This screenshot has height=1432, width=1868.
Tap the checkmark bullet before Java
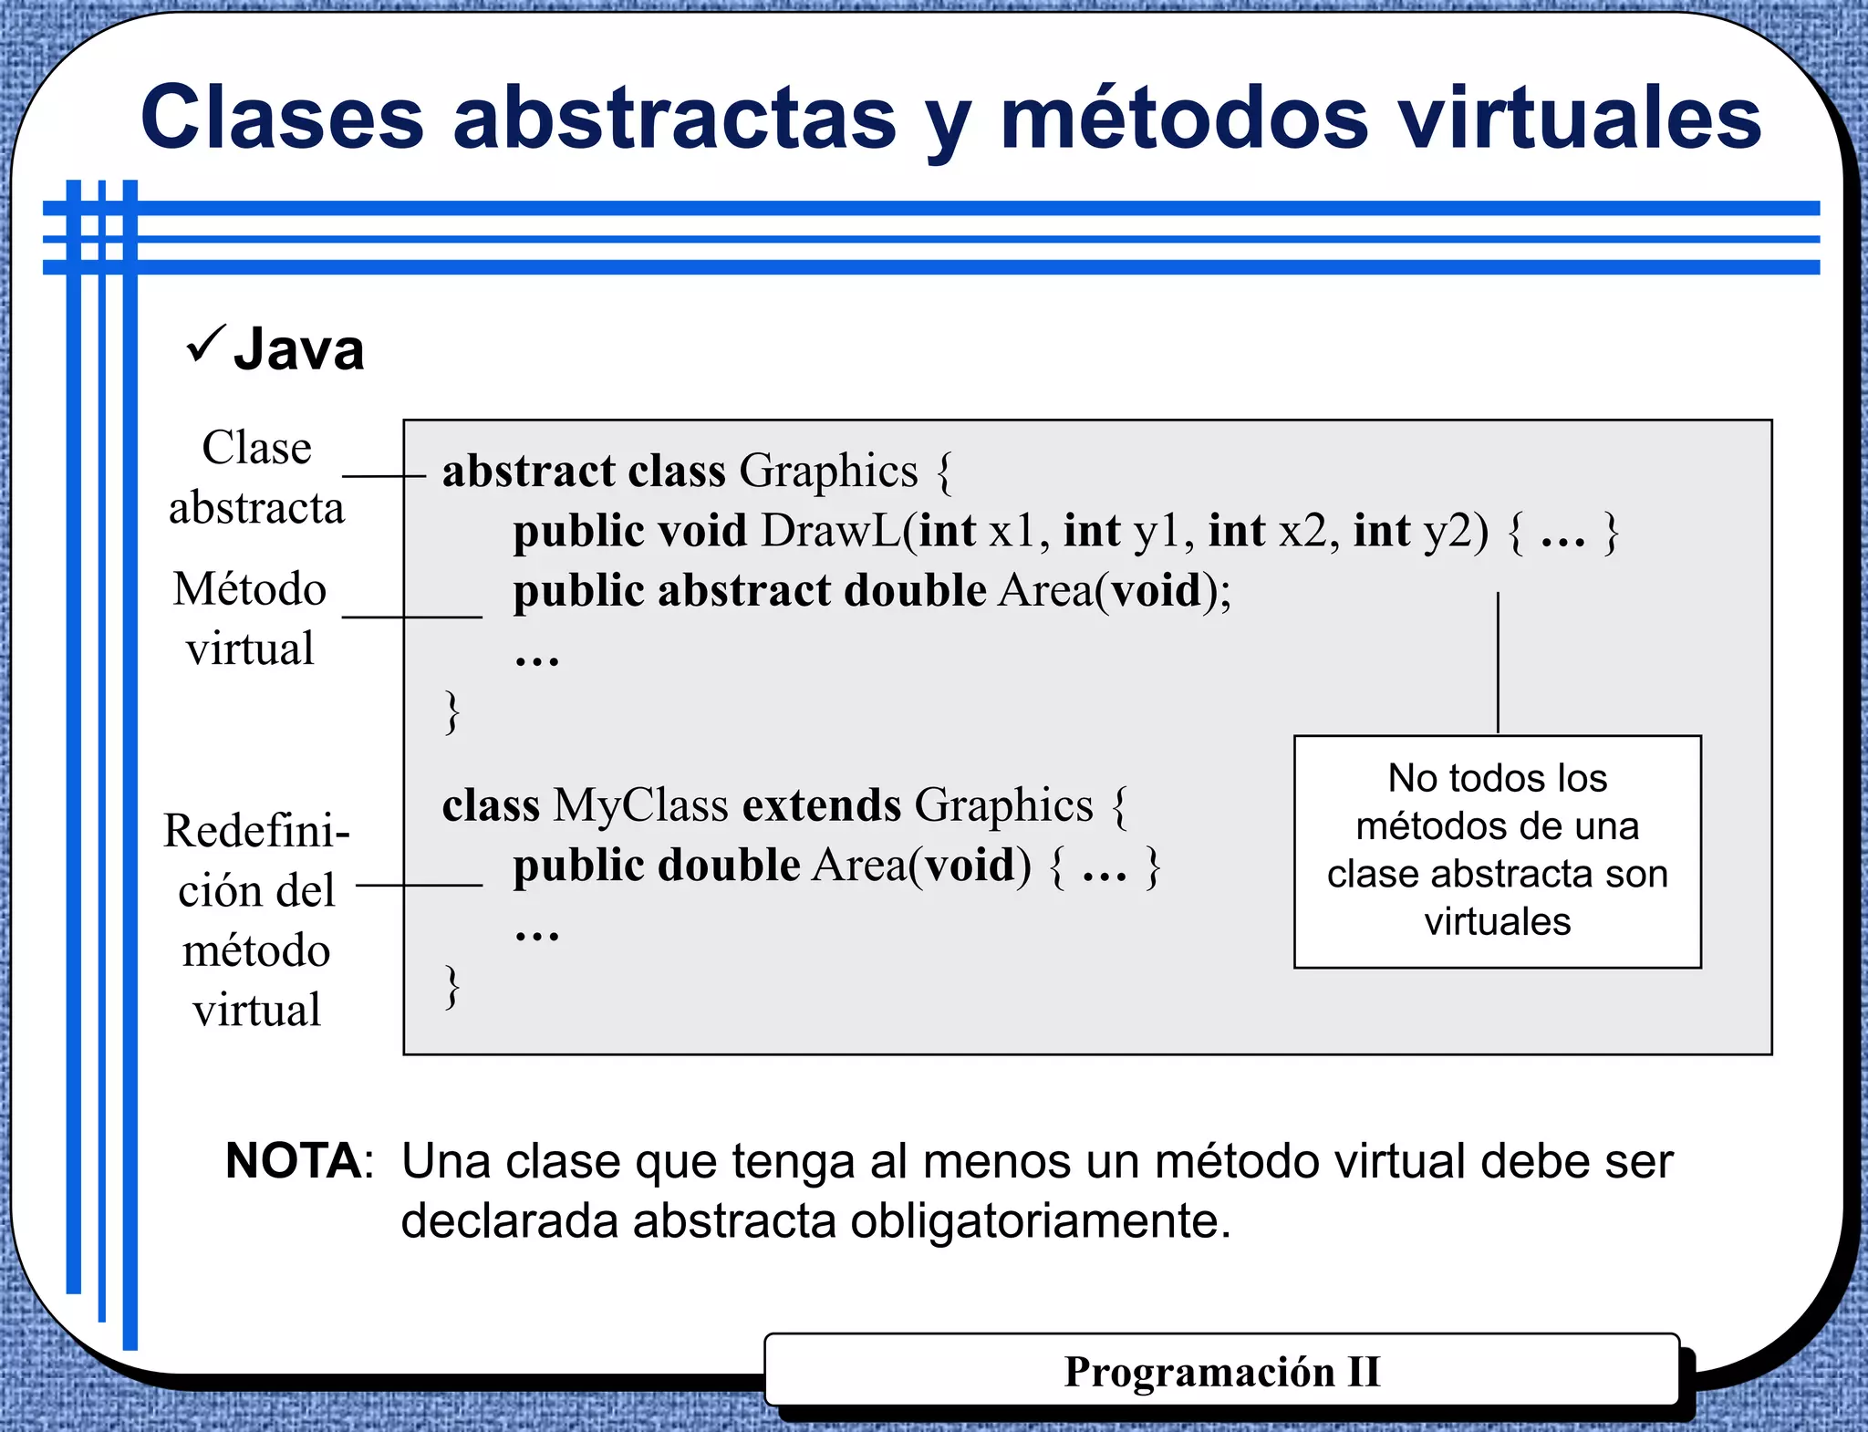click(x=205, y=344)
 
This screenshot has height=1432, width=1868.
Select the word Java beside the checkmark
click(x=299, y=349)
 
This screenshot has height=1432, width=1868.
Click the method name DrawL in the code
click(x=830, y=531)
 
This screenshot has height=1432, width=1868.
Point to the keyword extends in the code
click(x=822, y=805)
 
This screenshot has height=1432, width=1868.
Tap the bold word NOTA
click(x=294, y=1161)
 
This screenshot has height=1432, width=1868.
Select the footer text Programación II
click(x=1222, y=1372)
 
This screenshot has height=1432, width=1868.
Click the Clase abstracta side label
click(x=256, y=477)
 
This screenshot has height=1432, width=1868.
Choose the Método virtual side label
click(x=249, y=618)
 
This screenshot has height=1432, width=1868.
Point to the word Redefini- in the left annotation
click(x=256, y=831)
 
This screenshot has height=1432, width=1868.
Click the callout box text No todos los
click(x=1497, y=778)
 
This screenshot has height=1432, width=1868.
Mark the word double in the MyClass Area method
click(x=729, y=866)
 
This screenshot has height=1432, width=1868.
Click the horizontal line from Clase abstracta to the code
click(x=383, y=476)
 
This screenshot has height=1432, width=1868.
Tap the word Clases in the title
click(x=283, y=119)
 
